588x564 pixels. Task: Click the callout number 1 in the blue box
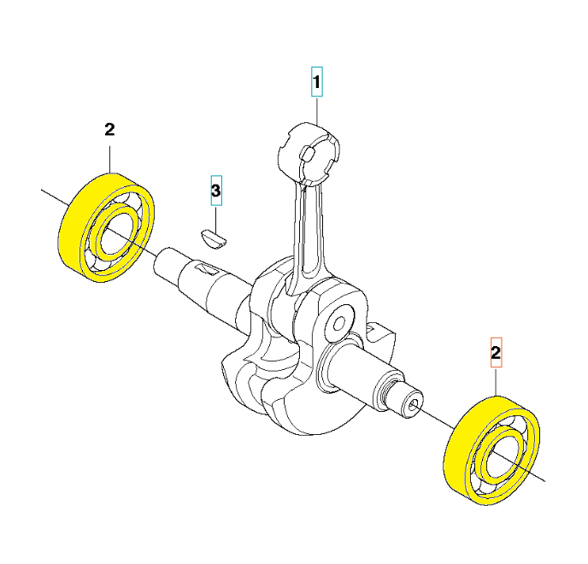coord(317,82)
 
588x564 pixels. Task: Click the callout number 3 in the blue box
coord(216,191)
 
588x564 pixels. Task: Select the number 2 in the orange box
coord(496,352)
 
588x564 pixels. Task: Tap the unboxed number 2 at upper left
coord(109,130)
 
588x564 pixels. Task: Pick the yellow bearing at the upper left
coord(107,227)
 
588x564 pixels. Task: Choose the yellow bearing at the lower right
coord(491,450)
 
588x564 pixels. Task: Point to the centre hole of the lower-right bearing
coord(503,456)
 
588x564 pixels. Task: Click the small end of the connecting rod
coord(309,153)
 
